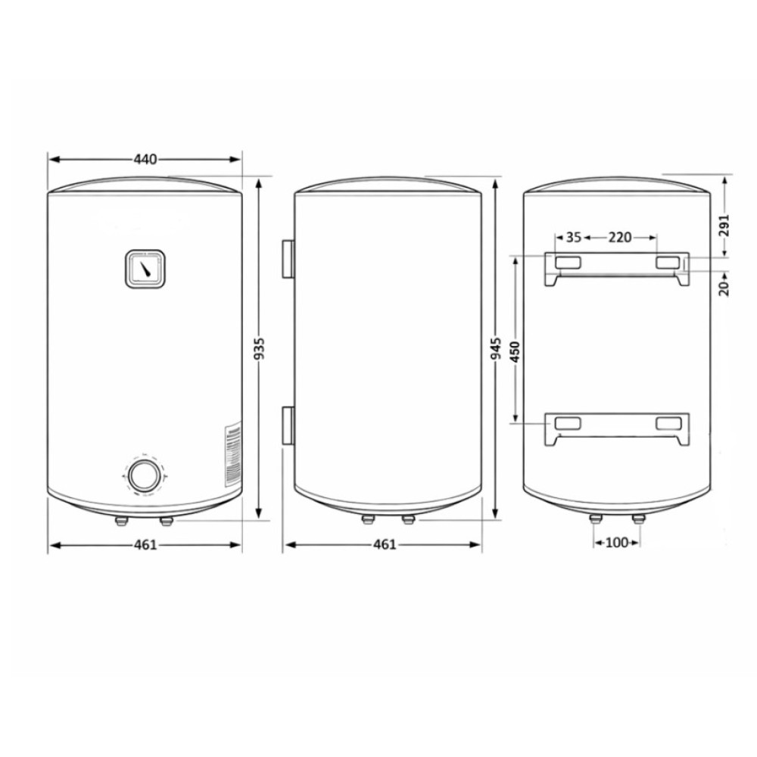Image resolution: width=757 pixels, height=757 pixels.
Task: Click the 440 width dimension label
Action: click(145, 159)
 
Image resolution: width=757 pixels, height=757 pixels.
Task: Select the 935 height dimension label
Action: click(259, 348)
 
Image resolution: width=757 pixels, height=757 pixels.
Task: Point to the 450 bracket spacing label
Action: click(515, 353)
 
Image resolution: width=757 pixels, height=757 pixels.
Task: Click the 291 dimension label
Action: click(724, 226)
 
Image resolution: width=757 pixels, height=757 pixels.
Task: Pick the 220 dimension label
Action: click(619, 238)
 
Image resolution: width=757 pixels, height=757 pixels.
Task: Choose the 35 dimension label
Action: click(574, 238)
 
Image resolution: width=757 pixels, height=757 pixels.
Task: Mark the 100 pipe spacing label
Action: click(616, 543)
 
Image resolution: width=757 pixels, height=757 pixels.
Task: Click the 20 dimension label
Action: click(724, 288)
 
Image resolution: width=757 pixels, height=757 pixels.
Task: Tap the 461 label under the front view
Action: click(145, 544)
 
